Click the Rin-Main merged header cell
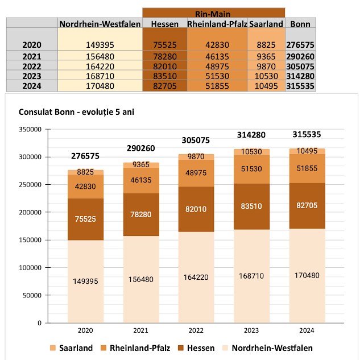click(x=213, y=13)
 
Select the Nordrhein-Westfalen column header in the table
click(x=100, y=24)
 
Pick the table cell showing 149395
click(x=99, y=44)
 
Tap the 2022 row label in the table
click(x=32, y=66)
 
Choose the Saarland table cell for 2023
click(x=266, y=76)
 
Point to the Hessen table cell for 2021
click(x=165, y=56)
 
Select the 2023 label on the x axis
click(x=252, y=329)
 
